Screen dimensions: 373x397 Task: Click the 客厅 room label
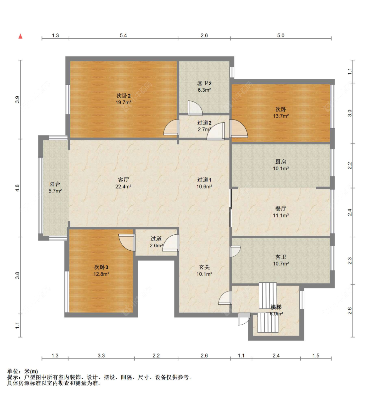click(123, 180)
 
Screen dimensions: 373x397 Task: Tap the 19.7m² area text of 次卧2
click(123, 103)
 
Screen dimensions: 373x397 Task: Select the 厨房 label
click(281, 162)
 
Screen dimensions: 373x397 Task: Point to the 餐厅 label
click(281, 209)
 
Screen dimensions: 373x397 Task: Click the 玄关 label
click(204, 267)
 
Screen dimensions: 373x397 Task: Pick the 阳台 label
click(55, 184)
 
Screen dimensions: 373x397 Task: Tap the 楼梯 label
click(276, 307)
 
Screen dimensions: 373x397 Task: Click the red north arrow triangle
click(21, 36)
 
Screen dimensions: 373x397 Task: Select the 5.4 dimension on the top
click(123, 36)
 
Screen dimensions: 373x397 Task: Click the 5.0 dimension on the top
click(281, 36)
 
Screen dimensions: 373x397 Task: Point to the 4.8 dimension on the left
click(17, 188)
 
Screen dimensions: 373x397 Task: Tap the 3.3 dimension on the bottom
click(101, 356)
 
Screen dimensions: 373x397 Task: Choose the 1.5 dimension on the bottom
click(316, 356)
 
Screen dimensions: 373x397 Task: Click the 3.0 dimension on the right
click(350, 113)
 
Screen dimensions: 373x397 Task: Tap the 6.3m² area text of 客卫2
click(204, 90)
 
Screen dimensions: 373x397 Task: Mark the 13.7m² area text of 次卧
click(281, 116)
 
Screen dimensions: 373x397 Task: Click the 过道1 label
click(204, 180)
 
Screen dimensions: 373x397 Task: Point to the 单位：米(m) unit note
click(23, 371)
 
